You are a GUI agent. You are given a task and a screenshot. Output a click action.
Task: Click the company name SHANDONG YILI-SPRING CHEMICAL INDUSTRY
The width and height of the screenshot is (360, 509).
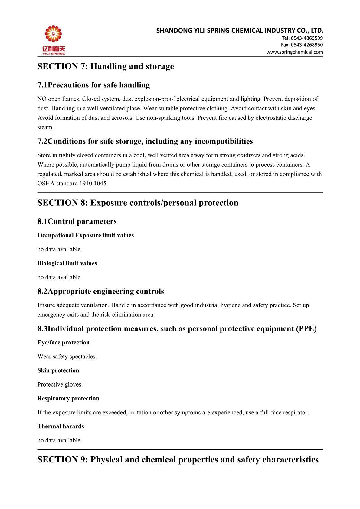pyautogui.click(x=240, y=31)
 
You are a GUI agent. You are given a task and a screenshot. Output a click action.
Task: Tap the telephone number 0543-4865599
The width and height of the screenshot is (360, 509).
pyautogui.click(x=307, y=38)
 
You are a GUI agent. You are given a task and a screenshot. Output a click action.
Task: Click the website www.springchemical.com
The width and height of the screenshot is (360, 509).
pyautogui.click(x=294, y=52)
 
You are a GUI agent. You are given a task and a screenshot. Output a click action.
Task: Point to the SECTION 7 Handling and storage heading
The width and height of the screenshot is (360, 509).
pyautogui.click(x=106, y=67)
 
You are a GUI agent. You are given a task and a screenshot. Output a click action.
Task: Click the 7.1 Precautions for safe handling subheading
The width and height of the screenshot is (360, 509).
pyautogui.click(x=93, y=85)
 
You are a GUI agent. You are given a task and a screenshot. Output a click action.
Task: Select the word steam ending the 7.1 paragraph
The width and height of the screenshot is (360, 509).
pyautogui.click(x=45, y=127)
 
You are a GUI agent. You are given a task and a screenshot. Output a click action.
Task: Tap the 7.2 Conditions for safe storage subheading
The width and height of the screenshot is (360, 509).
pyautogui.click(x=145, y=141)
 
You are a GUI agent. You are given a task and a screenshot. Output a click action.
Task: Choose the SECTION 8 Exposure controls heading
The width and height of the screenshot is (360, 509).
pyautogui.click(x=138, y=203)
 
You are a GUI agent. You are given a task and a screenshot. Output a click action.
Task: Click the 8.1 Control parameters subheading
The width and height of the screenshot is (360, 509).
pyautogui.click(x=77, y=221)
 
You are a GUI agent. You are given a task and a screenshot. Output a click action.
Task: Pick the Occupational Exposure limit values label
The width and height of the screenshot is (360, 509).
pyautogui.click(x=85, y=235)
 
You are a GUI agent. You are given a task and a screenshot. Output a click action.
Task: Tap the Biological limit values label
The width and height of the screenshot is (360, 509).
pyautogui.click(x=67, y=263)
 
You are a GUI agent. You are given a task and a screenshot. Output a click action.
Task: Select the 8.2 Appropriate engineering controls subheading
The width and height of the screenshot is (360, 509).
pyautogui.click(x=100, y=291)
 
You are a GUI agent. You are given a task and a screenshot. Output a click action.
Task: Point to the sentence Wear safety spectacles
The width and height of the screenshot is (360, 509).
pyautogui.click(x=67, y=357)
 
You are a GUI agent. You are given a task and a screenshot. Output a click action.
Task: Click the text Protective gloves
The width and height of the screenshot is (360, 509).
pyautogui.click(x=60, y=384)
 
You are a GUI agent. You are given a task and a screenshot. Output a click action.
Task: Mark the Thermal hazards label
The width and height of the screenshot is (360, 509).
pyautogui.click(x=61, y=426)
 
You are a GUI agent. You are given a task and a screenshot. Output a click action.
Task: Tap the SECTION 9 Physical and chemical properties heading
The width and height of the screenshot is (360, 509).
pyautogui.click(x=178, y=460)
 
